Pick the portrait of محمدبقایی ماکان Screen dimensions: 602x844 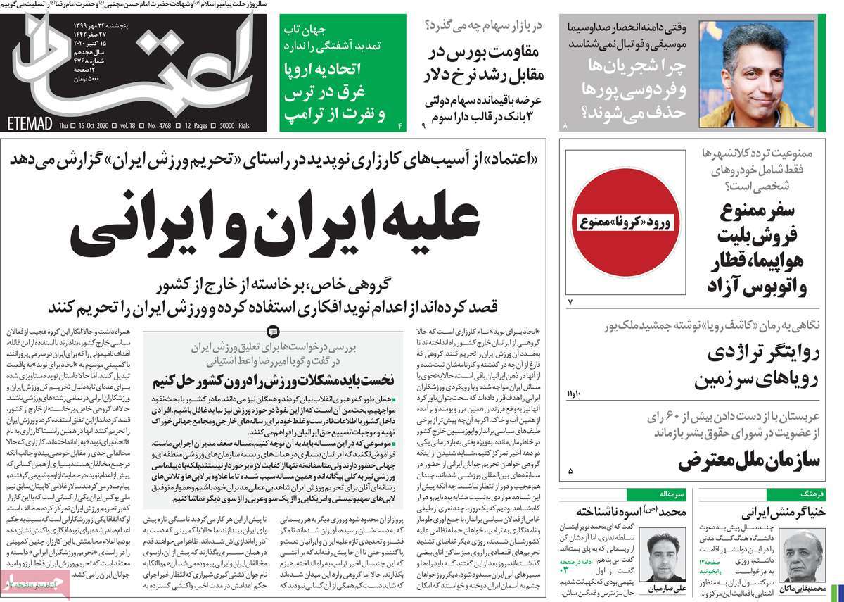tap(802, 556)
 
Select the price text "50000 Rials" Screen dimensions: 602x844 tap(252, 125)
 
